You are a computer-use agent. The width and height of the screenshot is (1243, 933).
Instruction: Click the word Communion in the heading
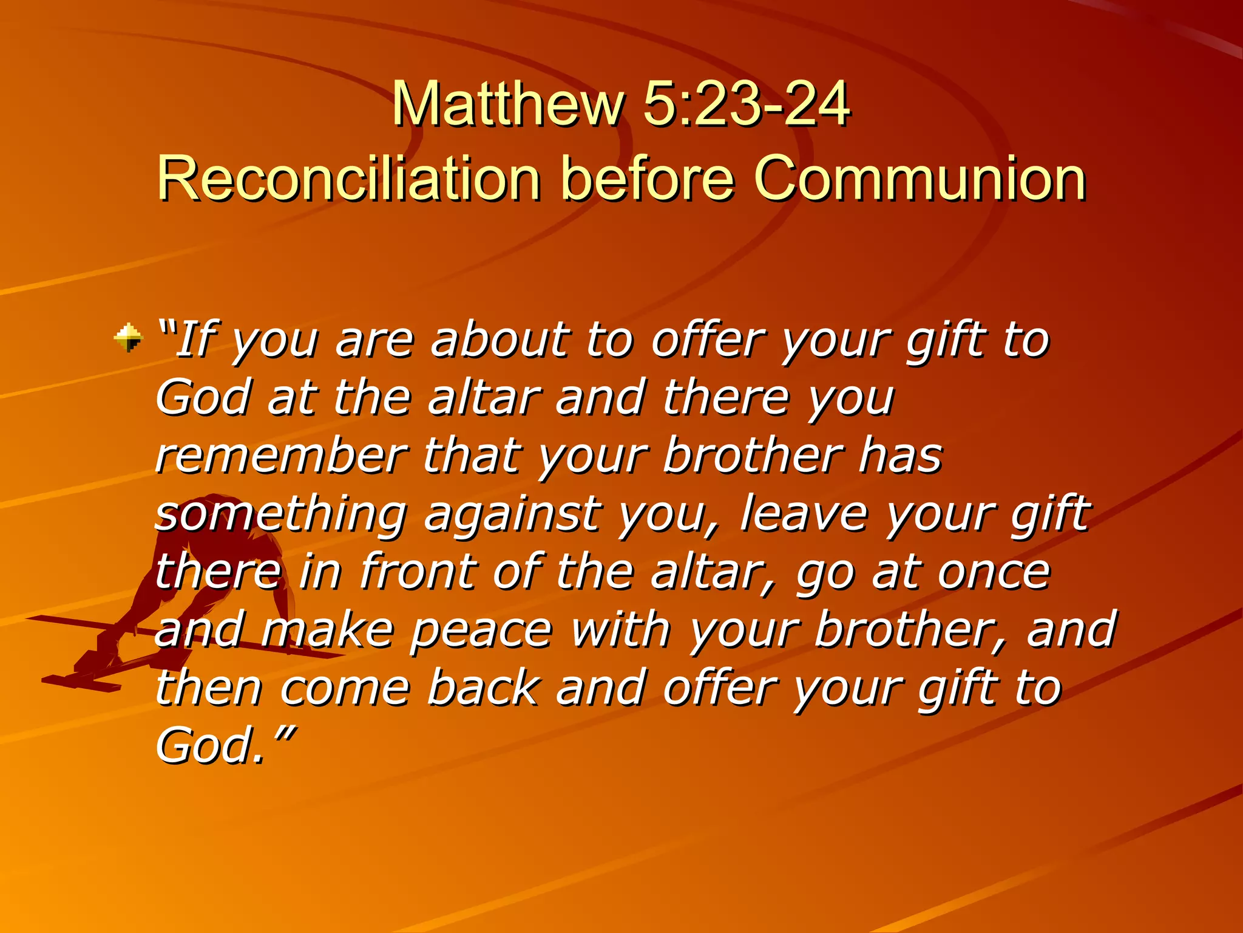tap(919, 178)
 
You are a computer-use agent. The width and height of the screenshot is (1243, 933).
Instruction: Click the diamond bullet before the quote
tap(128, 338)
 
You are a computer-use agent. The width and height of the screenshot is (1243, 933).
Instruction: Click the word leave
tap(804, 514)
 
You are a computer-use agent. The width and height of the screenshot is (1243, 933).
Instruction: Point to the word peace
tap(481, 630)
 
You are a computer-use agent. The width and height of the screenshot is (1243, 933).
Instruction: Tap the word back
tap(483, 688)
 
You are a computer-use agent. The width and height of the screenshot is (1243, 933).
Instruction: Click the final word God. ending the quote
tap(210, 746)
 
